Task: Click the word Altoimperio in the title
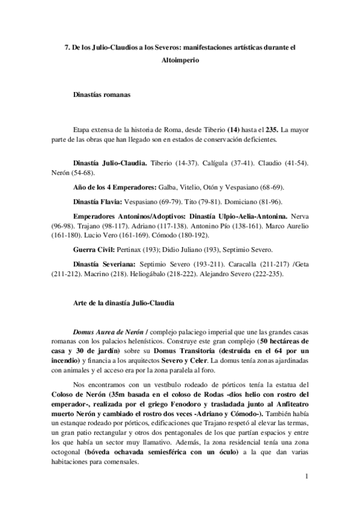click(x=180, y=61)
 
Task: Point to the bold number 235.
click(x=271, y=129)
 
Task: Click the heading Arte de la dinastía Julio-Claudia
click(x=123, y=304)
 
